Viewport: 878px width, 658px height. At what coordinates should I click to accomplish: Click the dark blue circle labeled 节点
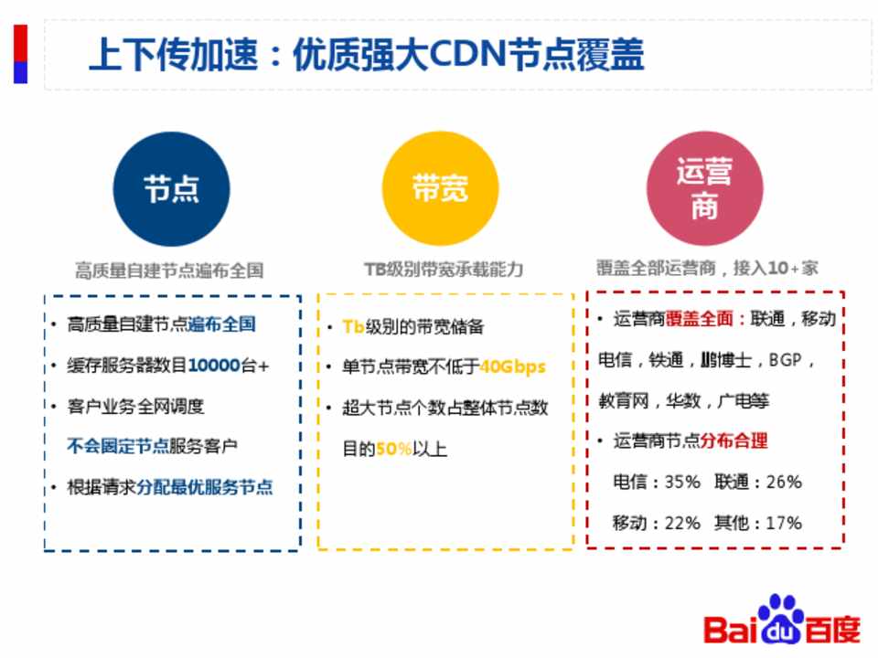pos(171,189)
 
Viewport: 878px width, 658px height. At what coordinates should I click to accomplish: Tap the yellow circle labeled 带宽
pos(440,188)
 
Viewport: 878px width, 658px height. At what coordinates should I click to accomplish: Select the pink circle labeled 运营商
pos(705,188)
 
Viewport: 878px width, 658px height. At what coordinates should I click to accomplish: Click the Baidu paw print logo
pos(781,619)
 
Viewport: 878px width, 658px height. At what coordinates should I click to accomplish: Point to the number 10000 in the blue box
pos(214,366)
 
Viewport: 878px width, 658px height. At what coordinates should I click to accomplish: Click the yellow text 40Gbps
pos(512,367)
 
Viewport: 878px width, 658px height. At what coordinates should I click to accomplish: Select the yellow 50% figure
pos(393,449)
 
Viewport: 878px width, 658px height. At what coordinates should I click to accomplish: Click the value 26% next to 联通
pos(784,482)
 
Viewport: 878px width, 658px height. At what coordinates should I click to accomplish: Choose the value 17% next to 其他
pos(784,523)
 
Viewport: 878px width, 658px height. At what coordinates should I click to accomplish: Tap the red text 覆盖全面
pos(700,319)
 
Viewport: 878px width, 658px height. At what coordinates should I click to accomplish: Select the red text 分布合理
pos(733,440)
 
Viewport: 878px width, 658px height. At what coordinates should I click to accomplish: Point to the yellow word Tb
pos(353,326)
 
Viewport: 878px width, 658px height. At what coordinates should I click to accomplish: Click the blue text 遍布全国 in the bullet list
pos(221,324)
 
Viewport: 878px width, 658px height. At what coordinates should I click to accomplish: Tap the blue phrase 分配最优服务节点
pos(204,487)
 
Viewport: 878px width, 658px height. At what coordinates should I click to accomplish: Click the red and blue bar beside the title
pos(21,54)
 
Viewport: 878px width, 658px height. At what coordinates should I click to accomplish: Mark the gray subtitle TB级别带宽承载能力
pos(444,270)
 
